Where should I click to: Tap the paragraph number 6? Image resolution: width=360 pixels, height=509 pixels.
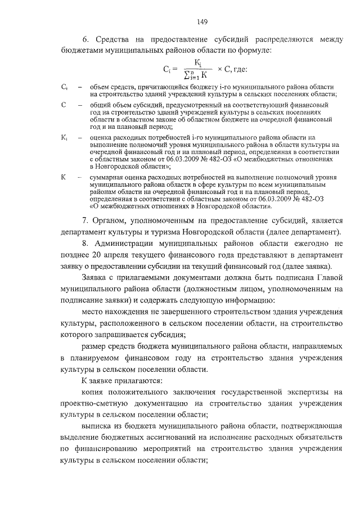85,40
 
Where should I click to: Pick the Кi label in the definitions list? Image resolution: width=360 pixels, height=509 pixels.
64,137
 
